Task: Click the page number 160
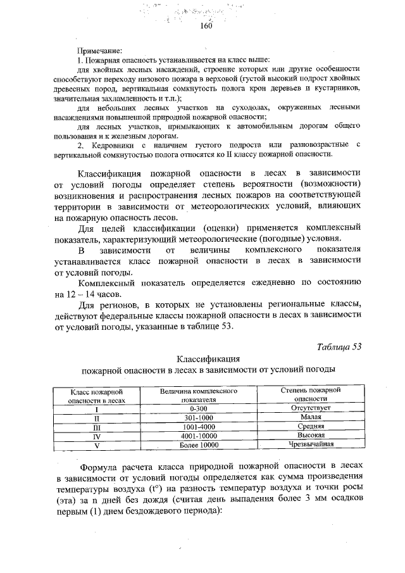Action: [205, 27]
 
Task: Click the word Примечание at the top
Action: [99, 50]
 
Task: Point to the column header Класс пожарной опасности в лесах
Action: [97, 396]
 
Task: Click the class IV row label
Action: [97, 436]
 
